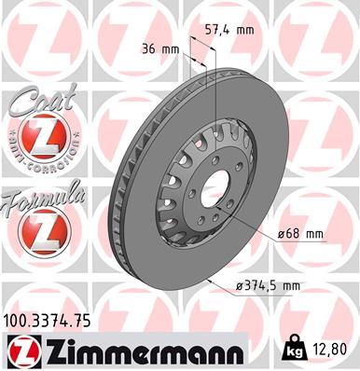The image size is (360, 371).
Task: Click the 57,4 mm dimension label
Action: click(x=231, y=30)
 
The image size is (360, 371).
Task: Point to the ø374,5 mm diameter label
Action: click(x=254, y=286)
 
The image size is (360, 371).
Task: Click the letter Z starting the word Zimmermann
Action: click(x=49, y=350)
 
